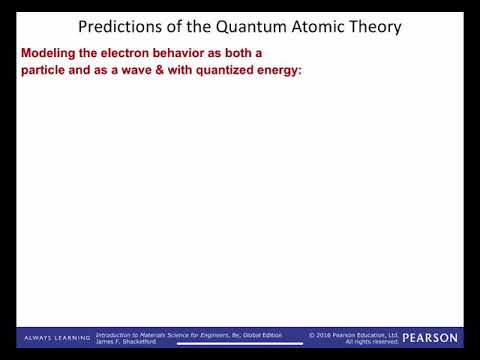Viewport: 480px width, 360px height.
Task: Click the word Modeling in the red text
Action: click(x=48, y=51)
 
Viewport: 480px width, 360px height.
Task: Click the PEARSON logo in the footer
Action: click(x=430, y=338)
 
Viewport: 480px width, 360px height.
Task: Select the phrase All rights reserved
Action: click(x=372, y=342)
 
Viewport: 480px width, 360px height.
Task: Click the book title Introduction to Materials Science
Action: click(x=150, y=334)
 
